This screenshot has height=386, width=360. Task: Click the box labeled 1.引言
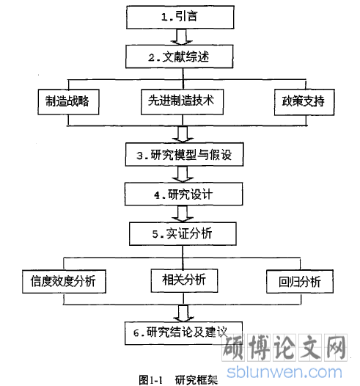180,17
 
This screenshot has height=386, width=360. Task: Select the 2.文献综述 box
179,57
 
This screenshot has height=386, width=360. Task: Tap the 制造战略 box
68,102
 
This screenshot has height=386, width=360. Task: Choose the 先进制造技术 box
183,102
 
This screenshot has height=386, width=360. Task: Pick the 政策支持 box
304,102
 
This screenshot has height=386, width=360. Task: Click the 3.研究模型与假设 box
184,154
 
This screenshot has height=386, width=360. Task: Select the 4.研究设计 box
184,194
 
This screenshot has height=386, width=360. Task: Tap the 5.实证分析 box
183,233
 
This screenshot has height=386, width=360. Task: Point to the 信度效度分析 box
64,281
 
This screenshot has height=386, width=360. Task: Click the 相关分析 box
184,280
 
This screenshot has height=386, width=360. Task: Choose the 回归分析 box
300,281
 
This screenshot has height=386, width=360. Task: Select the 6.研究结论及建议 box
183,333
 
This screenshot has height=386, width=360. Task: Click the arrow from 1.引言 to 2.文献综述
182,37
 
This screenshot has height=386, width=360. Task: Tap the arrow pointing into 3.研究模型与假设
183,134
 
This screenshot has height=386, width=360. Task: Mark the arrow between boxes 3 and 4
183,175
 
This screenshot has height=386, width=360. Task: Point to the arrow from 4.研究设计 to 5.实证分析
183,214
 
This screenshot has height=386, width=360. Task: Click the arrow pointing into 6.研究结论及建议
183,313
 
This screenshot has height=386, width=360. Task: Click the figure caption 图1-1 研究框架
178,380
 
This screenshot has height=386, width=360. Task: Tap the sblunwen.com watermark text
284,372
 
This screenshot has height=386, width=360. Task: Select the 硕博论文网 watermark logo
284,348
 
